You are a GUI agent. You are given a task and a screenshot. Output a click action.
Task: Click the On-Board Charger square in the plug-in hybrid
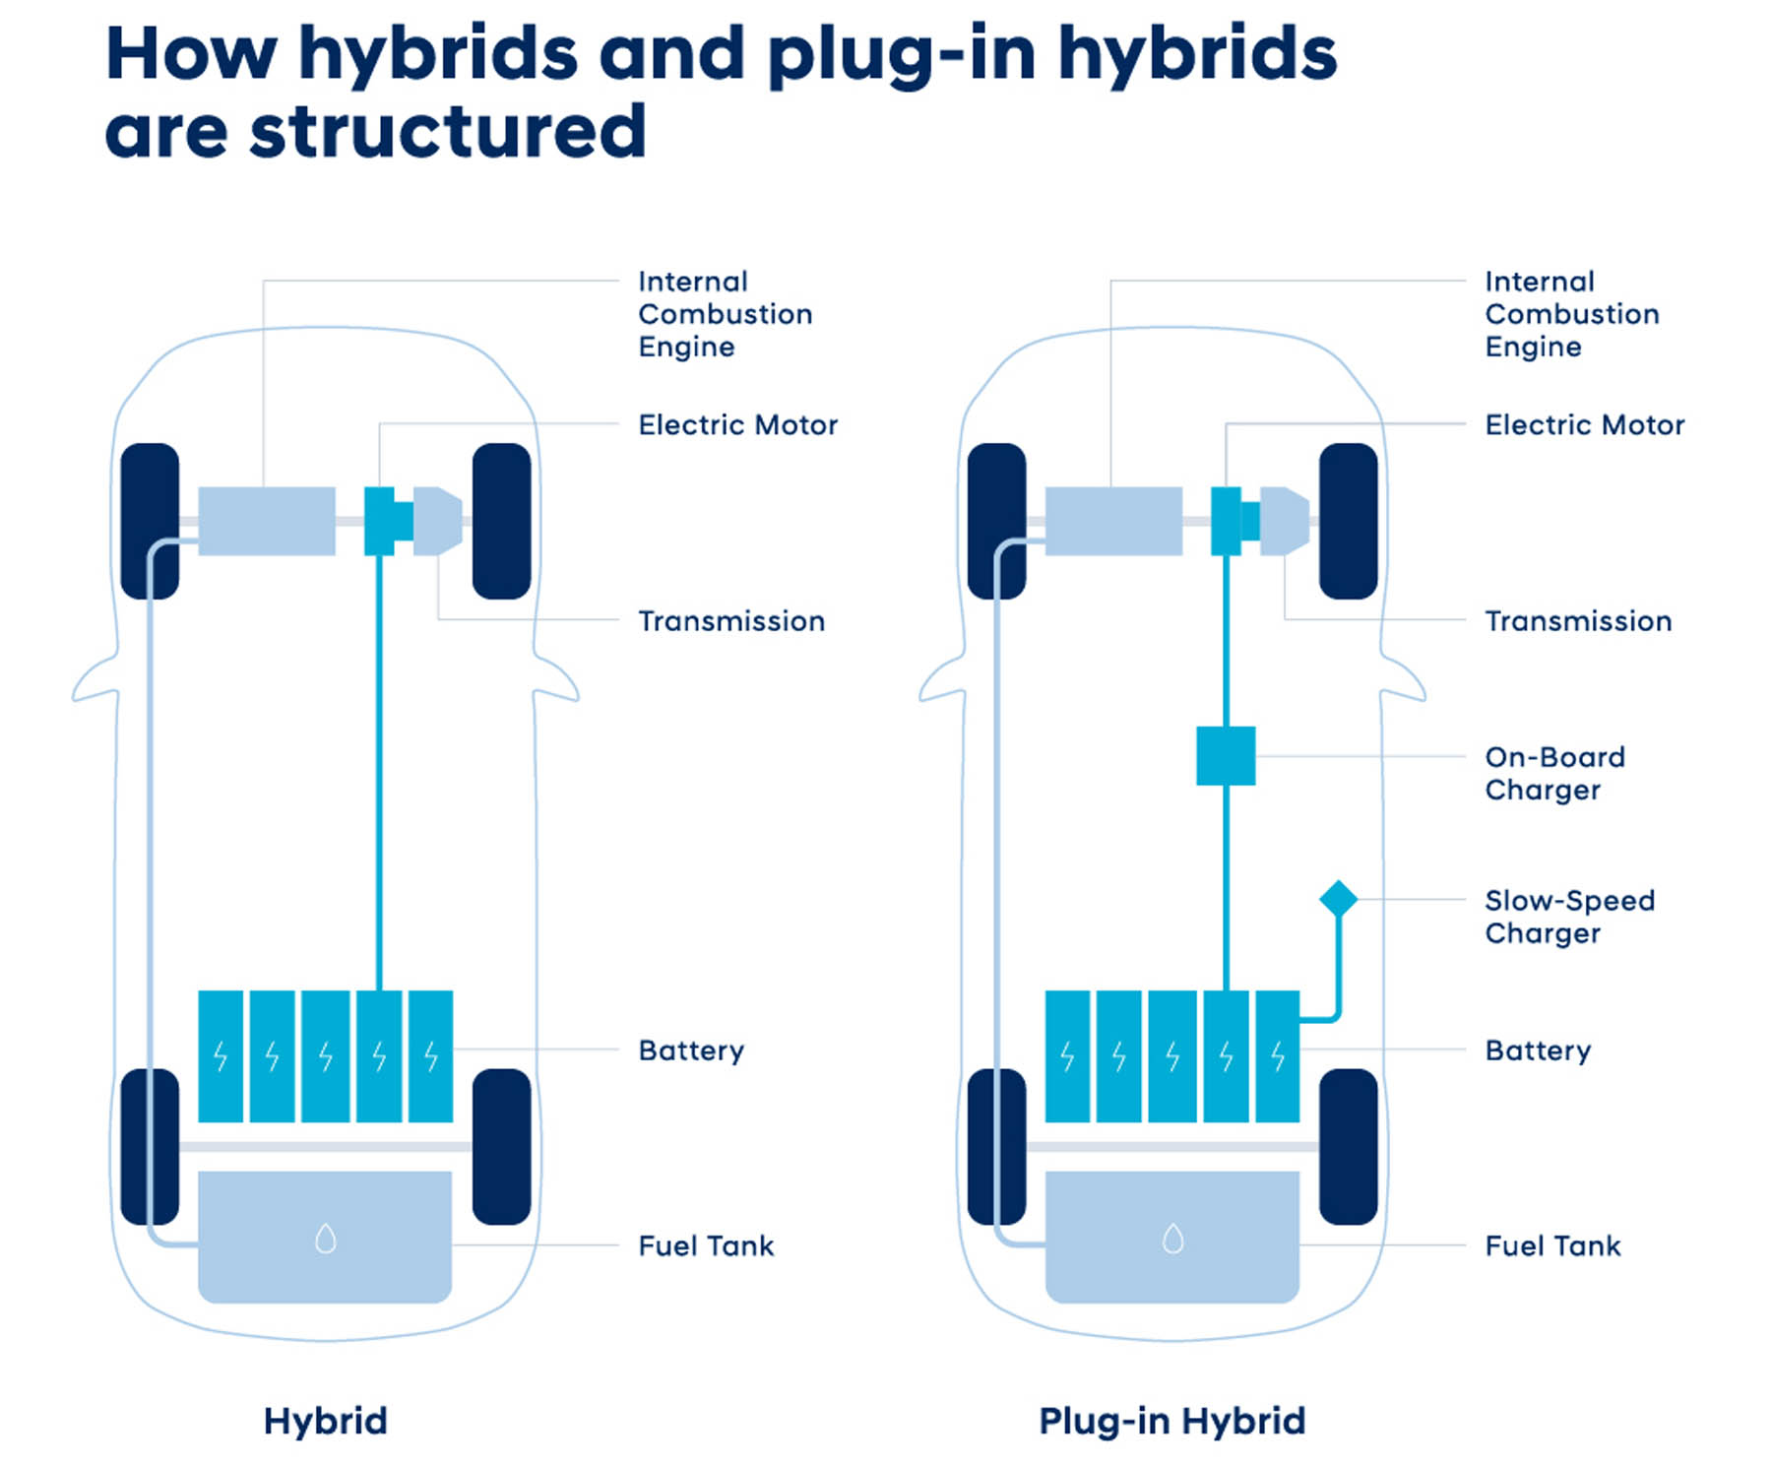1226,756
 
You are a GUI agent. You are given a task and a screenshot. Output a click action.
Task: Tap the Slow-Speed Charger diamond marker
1338,899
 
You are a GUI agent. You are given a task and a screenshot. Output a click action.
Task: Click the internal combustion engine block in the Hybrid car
267,521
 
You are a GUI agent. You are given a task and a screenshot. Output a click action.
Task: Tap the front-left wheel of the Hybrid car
150,521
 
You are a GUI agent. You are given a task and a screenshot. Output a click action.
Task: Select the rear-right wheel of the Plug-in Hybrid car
1348,1147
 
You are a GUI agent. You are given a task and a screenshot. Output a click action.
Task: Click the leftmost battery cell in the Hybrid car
221,1056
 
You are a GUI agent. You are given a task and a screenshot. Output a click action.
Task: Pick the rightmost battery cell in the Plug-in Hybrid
1278,1056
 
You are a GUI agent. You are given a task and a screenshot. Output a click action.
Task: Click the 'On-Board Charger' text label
1554,773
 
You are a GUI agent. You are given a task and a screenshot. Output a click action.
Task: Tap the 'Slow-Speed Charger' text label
1569,917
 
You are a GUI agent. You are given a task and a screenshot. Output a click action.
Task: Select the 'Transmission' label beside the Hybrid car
731,621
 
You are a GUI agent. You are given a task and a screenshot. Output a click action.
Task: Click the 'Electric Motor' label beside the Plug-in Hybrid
1584,425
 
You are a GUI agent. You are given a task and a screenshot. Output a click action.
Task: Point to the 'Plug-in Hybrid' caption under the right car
1171,1421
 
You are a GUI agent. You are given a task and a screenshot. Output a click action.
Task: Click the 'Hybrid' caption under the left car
325,1421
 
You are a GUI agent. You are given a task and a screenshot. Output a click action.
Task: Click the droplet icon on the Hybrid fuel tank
326,1238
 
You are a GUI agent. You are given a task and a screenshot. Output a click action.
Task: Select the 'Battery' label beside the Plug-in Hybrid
1538,1051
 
